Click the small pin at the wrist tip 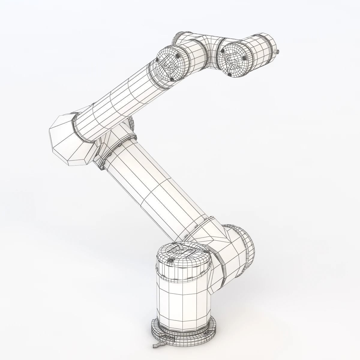(278, 52)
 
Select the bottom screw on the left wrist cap (172, 79)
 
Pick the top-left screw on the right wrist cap (223, 51)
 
